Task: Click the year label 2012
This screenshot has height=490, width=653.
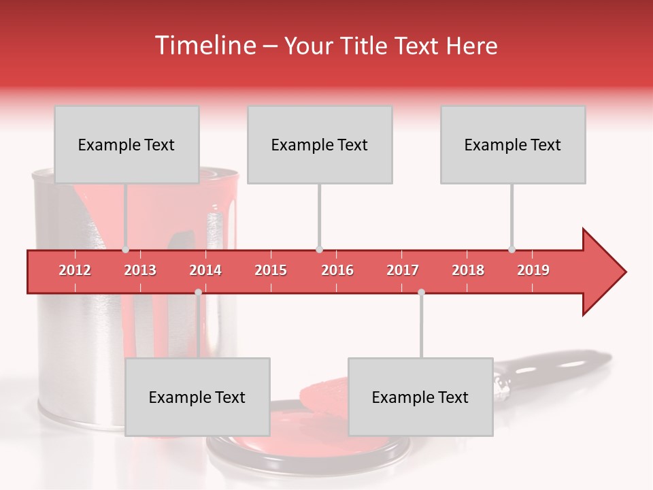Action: click(x=75, y=270)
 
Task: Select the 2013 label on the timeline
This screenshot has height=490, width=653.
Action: click(x=140, y=270)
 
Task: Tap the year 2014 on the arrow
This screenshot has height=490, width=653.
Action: click(x=205, y=270)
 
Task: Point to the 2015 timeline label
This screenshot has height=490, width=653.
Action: click(x=271, y=270)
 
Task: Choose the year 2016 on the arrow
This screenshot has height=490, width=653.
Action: click(x=337, y=270)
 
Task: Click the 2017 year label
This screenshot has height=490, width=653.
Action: click(x=403, y=270)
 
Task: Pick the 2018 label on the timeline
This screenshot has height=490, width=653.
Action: click(x=468, y=270)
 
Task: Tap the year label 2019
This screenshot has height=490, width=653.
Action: click(x=533, y=270)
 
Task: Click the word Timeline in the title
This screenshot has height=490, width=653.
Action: click(x=204, y=46)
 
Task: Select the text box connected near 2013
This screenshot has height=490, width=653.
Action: click(x=127, y=144)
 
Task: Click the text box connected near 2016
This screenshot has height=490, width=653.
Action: click(x=320, y=144)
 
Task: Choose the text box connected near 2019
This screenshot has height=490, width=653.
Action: click(x=513, y=144)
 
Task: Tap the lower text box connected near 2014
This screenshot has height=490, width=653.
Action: click(x=197, y=397)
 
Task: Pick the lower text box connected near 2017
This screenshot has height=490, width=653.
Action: click(x=420, y=397)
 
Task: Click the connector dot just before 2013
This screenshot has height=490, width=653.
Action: click(x=126, y=250)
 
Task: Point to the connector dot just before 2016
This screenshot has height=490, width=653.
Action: click(x=319, y=250)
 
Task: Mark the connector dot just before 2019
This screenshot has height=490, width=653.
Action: click(x=512, y=250)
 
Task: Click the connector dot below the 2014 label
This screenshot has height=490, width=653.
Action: click(x=198, y=292)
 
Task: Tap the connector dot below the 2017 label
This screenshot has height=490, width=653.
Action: click(x=421, y=292)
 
